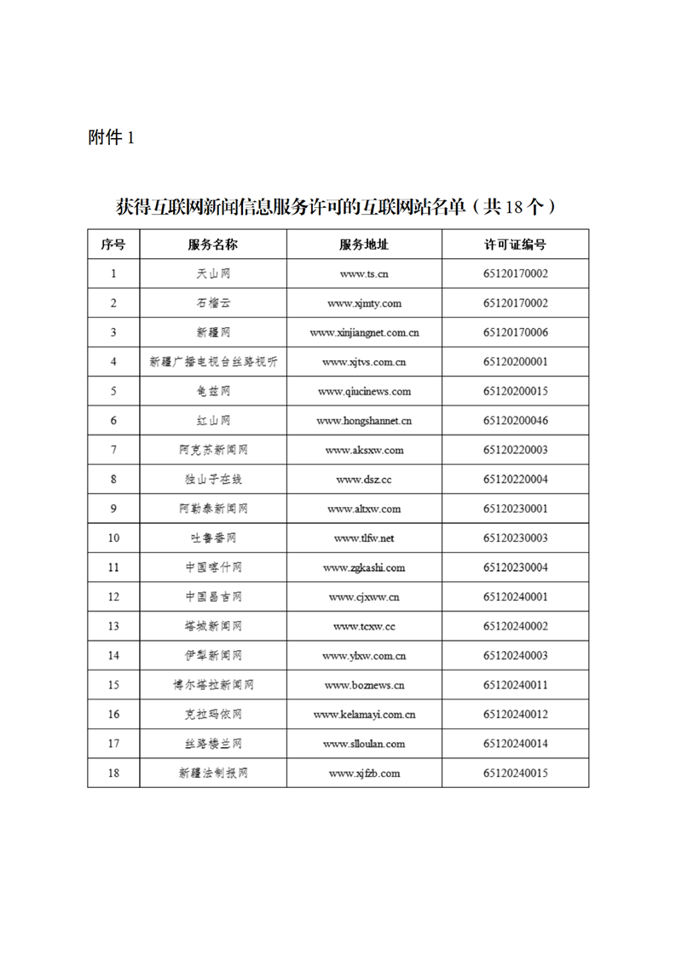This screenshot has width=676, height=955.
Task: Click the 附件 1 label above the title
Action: (x=112, y=137)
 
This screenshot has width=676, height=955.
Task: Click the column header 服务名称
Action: (x=213, y=245)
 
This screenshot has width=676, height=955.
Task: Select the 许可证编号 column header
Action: (x=515, y=245)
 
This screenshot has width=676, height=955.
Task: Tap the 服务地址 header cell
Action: (x=364, y=245)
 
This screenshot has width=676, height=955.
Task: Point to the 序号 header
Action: (x=113, y=245)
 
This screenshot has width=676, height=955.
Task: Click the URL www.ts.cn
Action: (x=364, y=274)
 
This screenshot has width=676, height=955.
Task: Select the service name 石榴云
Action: (x=213, y=303)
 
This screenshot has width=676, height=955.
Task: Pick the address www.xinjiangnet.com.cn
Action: (x=364, y=333)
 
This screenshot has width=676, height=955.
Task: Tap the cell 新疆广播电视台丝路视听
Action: (x=213, y=362)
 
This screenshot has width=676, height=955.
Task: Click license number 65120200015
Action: (x=515, y=392)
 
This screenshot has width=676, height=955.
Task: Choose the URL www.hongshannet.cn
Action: (x=364, y=421)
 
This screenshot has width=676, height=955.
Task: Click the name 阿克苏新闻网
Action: (x=213, y=451)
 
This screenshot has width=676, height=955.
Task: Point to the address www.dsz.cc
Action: (x=364, y=480)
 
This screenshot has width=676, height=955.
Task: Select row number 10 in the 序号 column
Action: (x=113, y=538)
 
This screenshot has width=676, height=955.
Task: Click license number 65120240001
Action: (x=515, y=597)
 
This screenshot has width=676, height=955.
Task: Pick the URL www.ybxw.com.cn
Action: (x=364, y=656)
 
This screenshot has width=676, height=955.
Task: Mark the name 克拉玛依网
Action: (x=213, y=715)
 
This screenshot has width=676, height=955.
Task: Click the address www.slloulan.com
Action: (x=364, y=744)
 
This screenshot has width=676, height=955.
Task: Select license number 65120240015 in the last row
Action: (x=515, y=774)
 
